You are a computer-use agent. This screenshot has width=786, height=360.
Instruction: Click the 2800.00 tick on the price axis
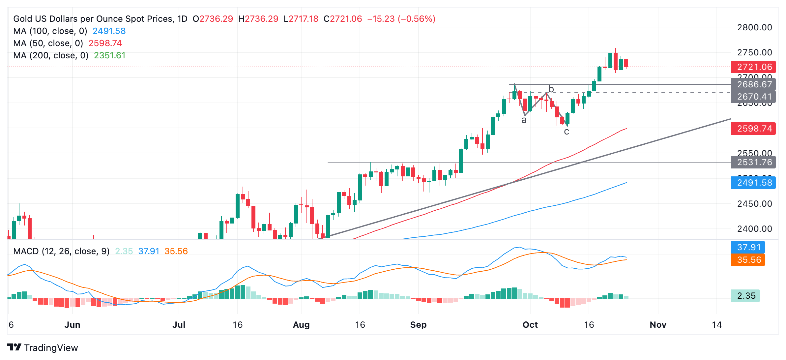click(754, 27)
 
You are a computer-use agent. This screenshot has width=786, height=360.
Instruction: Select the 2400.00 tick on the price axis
click(754, 229)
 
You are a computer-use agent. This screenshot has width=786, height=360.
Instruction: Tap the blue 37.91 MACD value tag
click(749, 247)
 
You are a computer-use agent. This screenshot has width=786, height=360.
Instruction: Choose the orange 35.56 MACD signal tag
click(749, 260)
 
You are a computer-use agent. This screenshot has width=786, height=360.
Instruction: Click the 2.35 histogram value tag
click(746, 296)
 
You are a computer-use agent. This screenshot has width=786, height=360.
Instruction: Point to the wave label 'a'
click(524, 120)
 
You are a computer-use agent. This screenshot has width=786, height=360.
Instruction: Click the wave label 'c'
click(567, 132)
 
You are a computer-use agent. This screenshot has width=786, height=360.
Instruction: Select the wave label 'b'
click(551, 89)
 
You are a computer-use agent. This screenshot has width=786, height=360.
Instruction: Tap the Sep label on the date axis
click(418, 325)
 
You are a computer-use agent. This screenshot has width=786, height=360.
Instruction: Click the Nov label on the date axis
click(658, 325)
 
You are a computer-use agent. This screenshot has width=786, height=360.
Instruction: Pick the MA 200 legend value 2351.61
click(109, 55)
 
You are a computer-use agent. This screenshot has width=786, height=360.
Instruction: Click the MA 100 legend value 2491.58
click(109, 31)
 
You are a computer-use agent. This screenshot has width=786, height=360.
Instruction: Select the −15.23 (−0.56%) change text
click(401, 19)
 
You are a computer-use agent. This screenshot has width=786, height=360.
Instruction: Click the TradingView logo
click(43, 347)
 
